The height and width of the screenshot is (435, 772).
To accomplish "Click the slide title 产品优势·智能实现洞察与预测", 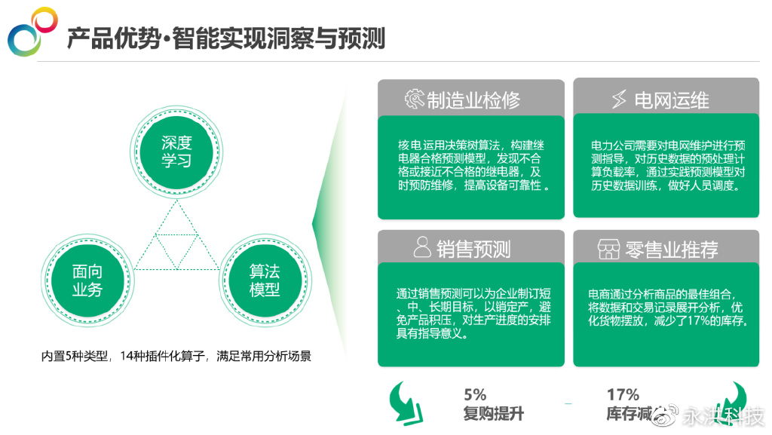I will point(225,38).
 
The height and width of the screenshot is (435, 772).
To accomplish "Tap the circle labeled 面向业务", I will point(87,280).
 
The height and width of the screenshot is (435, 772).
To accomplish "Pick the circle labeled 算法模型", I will point(265,280).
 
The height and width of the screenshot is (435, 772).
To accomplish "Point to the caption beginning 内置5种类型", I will point(176,356).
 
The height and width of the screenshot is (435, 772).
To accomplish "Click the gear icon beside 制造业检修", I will point(415,100).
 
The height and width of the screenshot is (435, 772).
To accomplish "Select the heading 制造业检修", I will point(473,100).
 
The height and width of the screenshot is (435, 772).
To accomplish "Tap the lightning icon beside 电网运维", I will point(619,100).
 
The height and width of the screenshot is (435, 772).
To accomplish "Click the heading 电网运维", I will point(671,100).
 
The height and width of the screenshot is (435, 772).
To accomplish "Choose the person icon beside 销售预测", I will point(422,248).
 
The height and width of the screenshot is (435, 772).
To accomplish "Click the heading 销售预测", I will point(473,249).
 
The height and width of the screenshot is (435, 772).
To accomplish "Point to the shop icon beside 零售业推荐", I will point(608,249).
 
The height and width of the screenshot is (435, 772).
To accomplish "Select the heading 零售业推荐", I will point(671,249).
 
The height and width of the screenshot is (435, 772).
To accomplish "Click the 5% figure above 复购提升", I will point(475,394).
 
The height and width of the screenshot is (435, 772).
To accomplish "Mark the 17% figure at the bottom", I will point(623,394).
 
